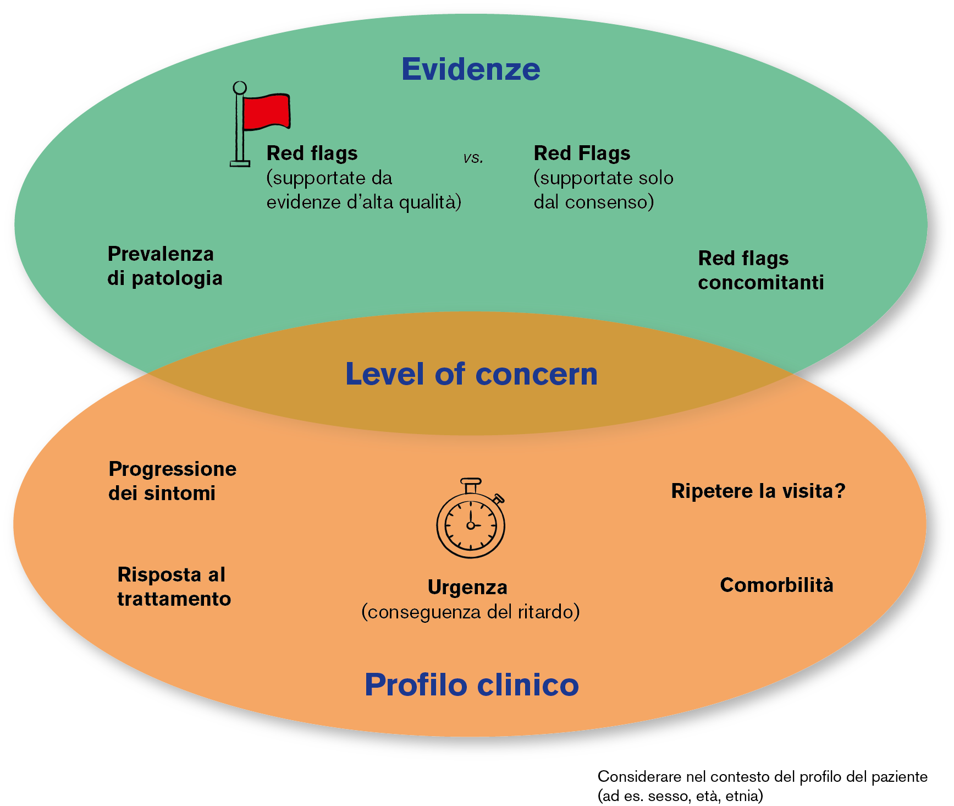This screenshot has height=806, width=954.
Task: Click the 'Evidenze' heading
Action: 471,69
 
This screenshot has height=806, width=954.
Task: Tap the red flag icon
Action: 265,112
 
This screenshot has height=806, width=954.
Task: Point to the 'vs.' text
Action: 473,158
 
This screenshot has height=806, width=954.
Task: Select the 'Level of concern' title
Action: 471,374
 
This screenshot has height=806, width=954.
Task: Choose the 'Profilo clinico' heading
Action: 472,684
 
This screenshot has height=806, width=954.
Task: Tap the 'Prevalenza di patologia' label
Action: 164,266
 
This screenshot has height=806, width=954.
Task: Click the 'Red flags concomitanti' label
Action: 760,270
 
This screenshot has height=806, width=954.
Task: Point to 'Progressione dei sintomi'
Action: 172,481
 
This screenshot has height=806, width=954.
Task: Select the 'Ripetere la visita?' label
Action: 758,491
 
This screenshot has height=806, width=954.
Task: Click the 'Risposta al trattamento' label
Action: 174,586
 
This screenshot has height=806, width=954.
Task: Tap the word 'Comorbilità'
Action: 776,585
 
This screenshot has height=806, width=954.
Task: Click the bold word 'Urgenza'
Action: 467,587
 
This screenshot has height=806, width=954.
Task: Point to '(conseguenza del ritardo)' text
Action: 471,612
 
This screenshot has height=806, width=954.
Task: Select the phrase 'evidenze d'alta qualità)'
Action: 363,202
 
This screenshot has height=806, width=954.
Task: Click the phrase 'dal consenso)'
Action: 594,202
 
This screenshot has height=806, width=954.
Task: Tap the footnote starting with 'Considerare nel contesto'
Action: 762,777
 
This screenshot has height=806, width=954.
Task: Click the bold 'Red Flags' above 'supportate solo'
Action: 582,153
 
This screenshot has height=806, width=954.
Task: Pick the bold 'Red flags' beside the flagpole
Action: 312,153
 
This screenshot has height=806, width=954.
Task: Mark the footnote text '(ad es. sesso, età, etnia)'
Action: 680,796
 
